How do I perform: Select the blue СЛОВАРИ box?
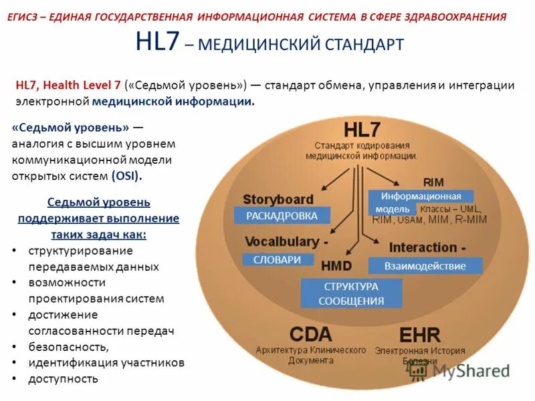click(x=278, y=260)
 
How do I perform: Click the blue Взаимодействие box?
click(x=425, y=265)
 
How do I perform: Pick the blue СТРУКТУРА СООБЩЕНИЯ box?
click(x=351, y=293)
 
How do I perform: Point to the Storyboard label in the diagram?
click(x=278, y=199)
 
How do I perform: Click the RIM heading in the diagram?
click(x=433, y=182)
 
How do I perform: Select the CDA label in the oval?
click(x=310, y=335)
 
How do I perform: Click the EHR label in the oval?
click(x=420, y=335)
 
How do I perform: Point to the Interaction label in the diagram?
click(x=423, y=247)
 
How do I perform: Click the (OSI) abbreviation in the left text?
click(x=126, y=176)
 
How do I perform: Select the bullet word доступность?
click(x=63, y=379)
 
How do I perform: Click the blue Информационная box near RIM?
click(x=421, y=196)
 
